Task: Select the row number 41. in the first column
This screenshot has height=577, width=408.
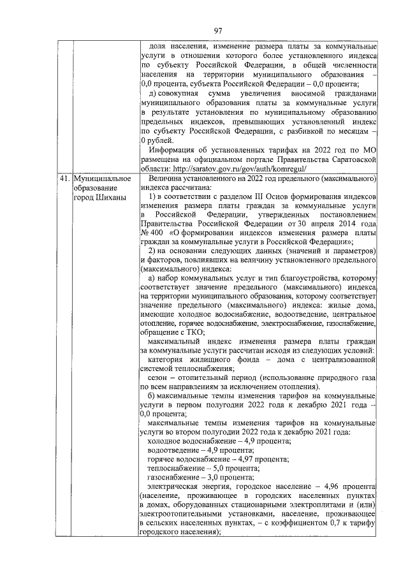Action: click(64, 179)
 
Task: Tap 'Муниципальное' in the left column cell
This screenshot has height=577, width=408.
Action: click(102, 179)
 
